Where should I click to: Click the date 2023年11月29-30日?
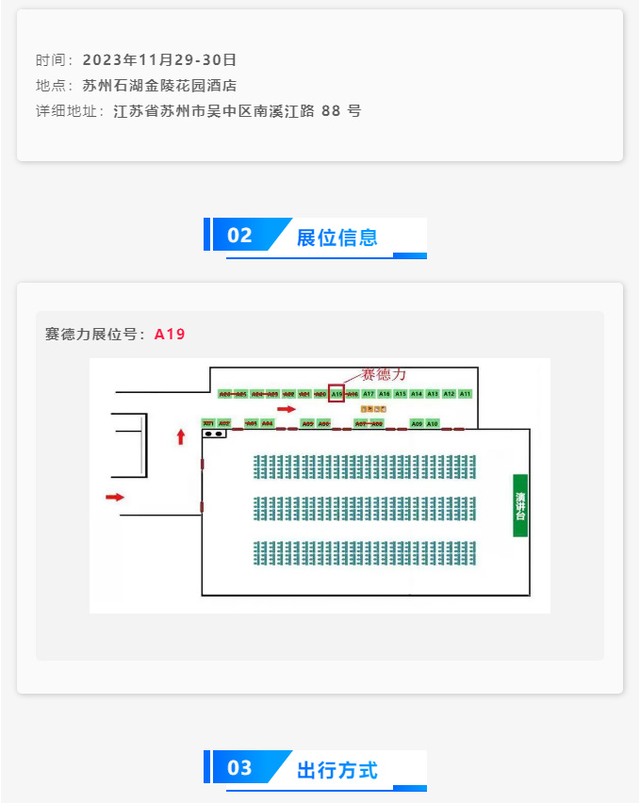click(x=159, y=60)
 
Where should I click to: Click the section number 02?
click(x=240, y=236)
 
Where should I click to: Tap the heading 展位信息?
click(x=336, y=237)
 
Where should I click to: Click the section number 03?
click(x=240, y=768)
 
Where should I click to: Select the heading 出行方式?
click(x=336, y=770)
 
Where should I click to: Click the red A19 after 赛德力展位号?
click(x=170, y=334)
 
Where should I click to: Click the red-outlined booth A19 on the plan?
click(x=336, y=394)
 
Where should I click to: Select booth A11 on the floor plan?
click(x=465, y=394)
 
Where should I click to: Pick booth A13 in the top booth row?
click(x=433, y=394)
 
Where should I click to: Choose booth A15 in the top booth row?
click(x=401, y=394)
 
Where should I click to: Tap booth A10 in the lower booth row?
click(x=433, y=424)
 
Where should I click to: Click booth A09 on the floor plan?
click(x=417, y=424)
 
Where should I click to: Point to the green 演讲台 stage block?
click(x=520, y=505)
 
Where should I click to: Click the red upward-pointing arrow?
click(x=181, y=436)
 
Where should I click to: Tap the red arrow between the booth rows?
click(x=287, y=409)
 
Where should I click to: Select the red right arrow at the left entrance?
click(x=114, y=497)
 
